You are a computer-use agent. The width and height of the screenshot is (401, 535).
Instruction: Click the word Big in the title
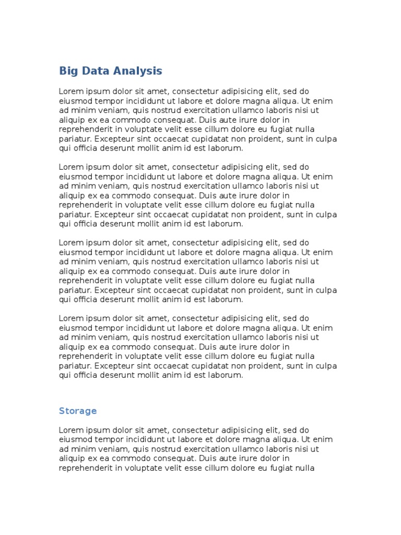click(67, 71)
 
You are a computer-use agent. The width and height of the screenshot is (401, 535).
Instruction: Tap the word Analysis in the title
click(137, 71)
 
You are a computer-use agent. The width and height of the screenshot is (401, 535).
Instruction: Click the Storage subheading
click(78, 411)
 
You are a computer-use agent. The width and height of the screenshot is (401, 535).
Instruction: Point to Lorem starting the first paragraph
click(70, 91)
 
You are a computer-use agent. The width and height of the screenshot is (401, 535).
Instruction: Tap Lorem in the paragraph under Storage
click(70, 430)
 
